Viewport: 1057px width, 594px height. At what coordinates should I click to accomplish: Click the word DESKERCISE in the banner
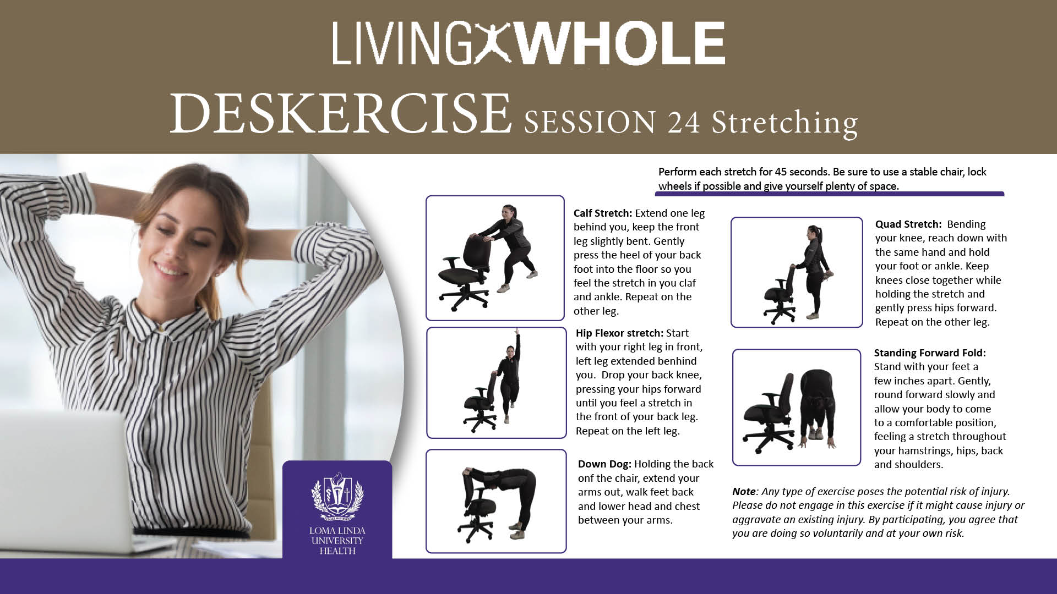pyautogui.click(x=341, y=114)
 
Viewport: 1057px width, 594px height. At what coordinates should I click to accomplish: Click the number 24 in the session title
pyautogui.click(x=684, y=122)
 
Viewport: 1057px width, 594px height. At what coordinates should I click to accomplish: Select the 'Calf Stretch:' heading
pyautogui.click(x=603, y=213)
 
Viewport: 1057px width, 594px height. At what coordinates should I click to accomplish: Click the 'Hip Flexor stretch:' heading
pyautogui.click(x=619, y=333)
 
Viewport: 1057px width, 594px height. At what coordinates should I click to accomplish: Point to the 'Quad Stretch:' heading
pyautogui.click(x=908, y=224)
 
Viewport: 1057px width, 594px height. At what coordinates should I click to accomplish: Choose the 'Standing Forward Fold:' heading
pyautogui.click(x=930, y=353)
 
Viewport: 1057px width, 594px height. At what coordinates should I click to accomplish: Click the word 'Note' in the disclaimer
pyautogui.click(x=744, y=492)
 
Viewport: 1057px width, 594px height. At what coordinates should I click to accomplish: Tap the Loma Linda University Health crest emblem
pyautogui.click(x=337, y=497)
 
